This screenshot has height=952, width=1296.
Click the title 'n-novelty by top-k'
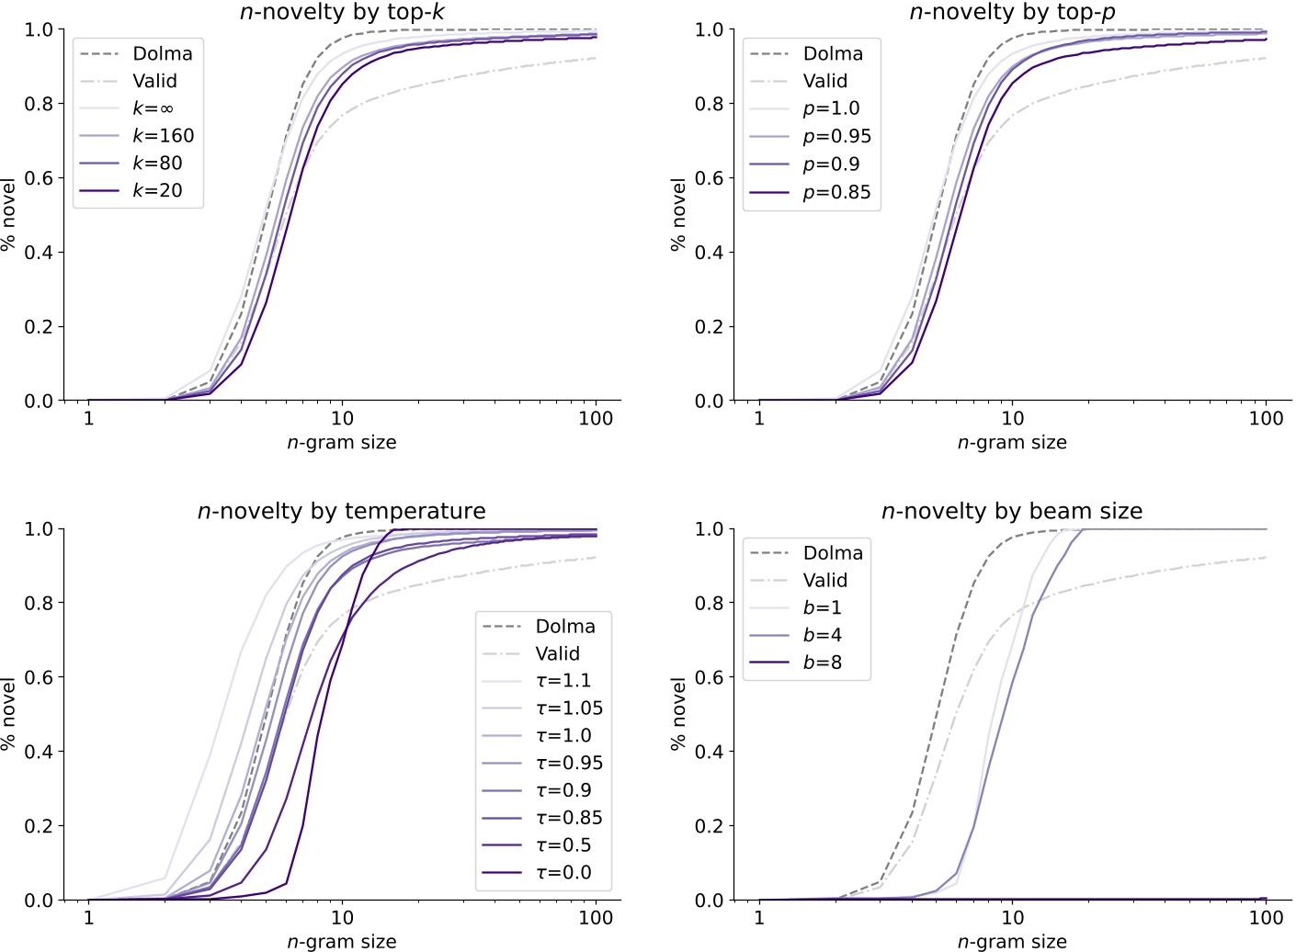342,12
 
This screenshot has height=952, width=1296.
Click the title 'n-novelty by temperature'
342,511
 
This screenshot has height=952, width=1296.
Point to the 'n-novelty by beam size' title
1012,511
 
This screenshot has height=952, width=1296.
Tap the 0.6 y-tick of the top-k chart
39,178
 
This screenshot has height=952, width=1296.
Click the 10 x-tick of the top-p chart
1012,418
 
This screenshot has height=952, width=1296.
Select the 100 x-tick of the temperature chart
596,917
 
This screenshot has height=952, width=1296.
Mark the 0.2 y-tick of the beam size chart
709,826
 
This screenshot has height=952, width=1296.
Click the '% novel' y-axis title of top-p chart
678,215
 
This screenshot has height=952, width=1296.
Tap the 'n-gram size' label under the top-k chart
342,443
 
